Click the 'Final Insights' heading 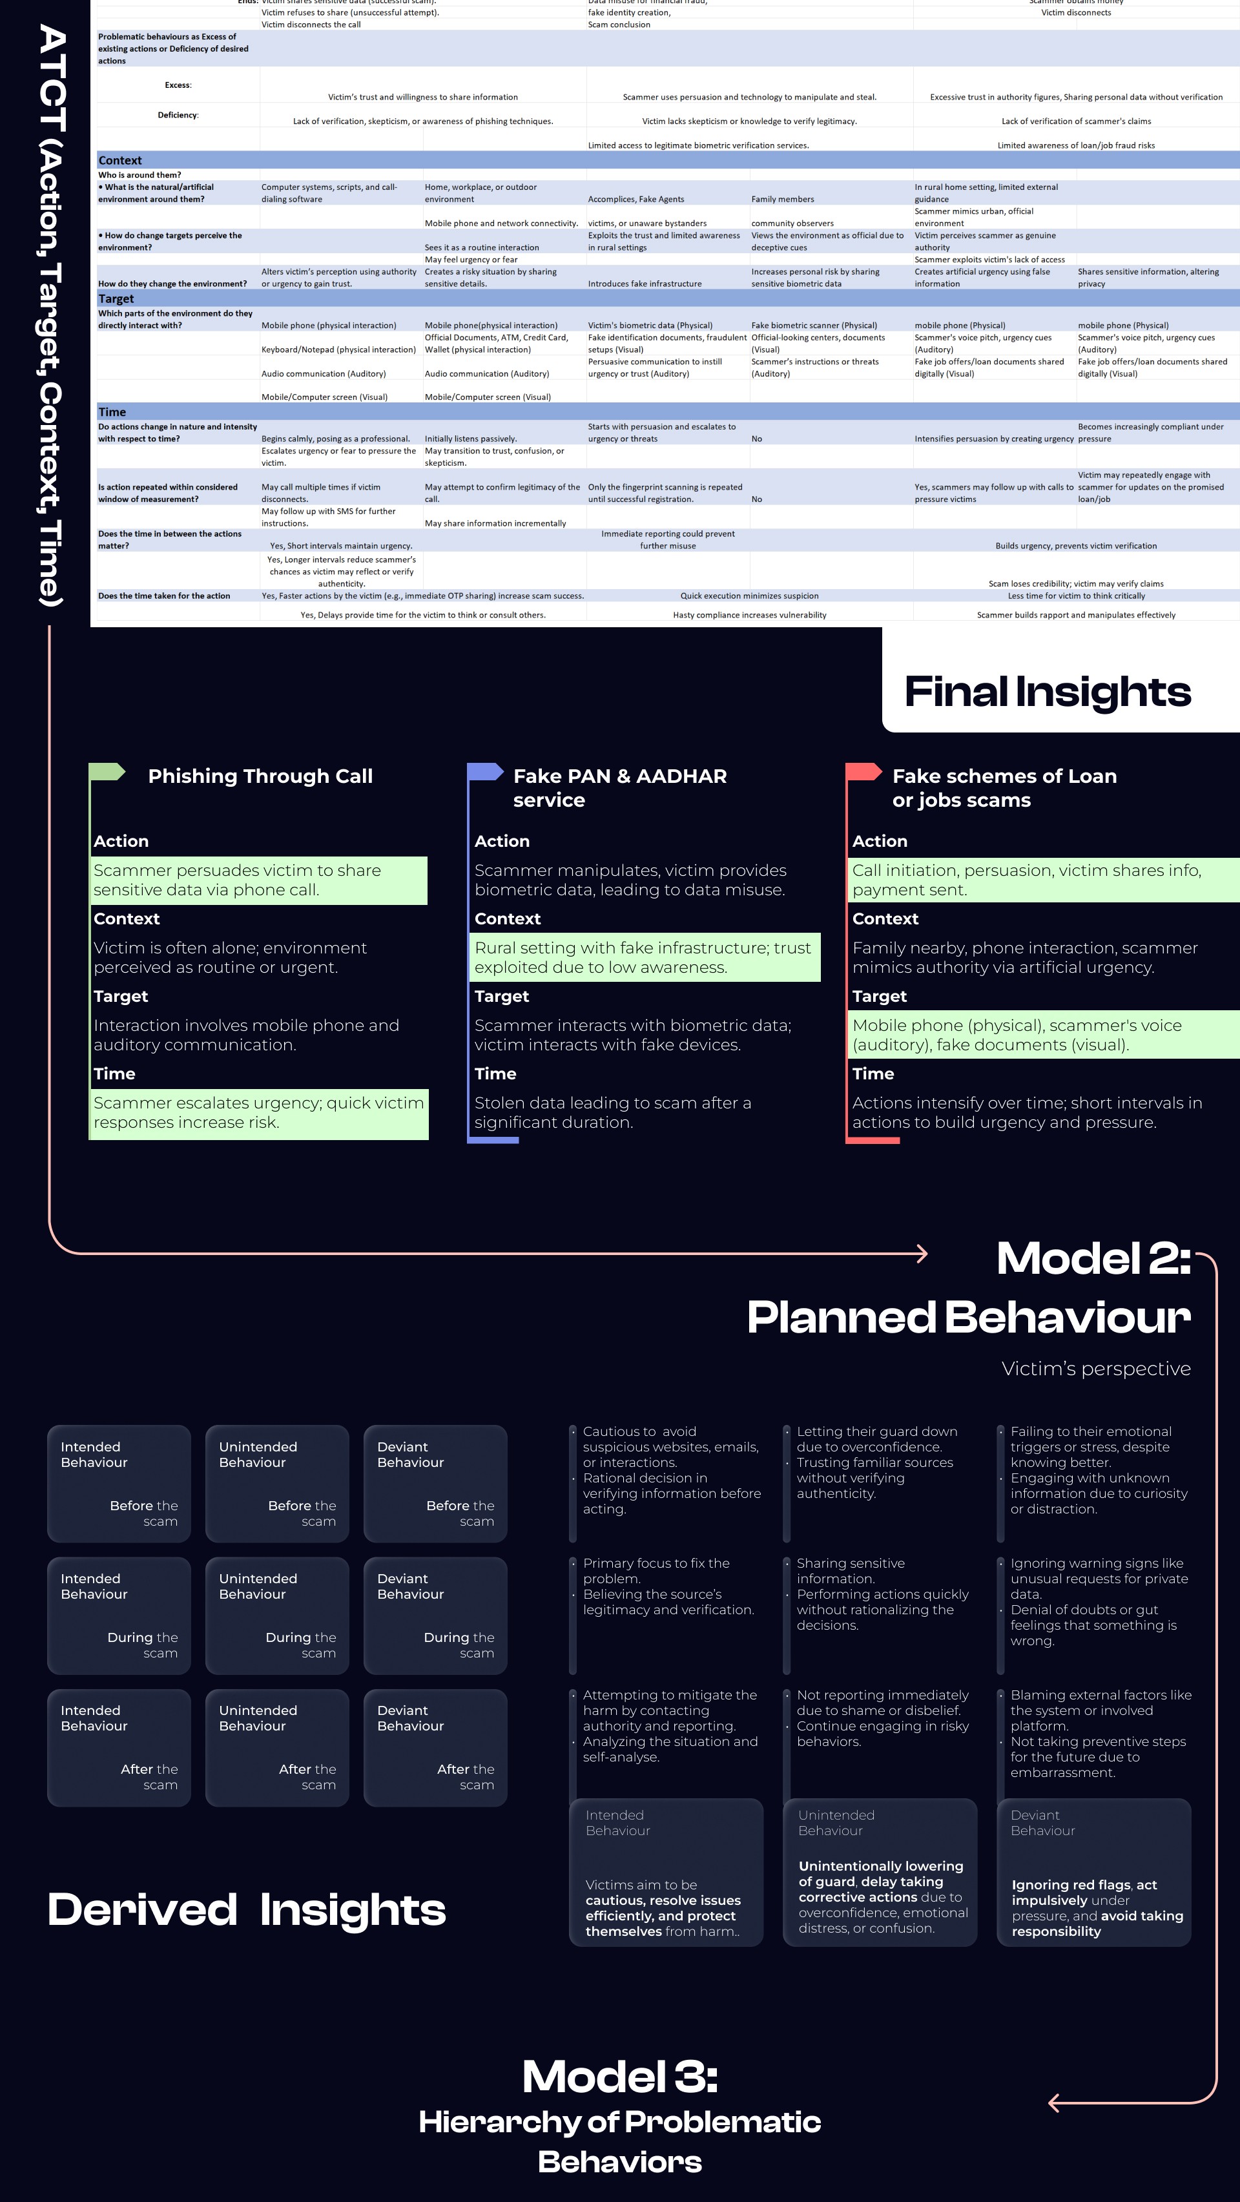(1047, 692)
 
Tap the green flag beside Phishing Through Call (108, 772)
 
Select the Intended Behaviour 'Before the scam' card (119, 1483)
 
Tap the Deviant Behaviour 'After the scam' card (435, 1747)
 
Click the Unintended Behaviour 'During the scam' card (277, 1615)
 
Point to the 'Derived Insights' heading (246, 1909)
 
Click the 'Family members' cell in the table (782, 199)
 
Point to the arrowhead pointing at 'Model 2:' (921, 1254)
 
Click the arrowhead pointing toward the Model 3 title (1055, 2102)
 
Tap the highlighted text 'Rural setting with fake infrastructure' (643, 957)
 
